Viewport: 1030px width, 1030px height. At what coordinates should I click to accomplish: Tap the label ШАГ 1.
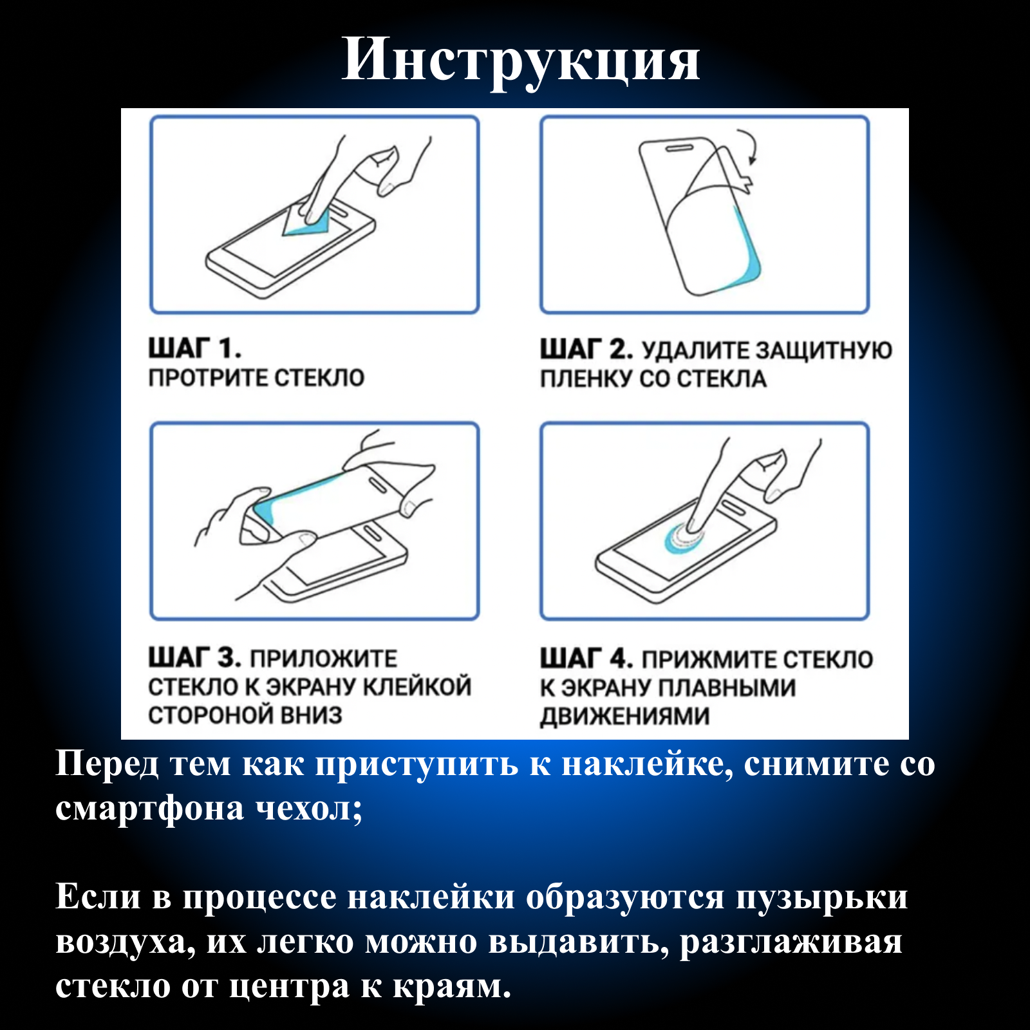pos(195,348)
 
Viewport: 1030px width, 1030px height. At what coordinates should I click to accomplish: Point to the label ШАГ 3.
pos(195,658)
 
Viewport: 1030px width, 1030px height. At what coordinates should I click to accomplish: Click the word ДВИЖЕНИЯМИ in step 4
pos(625,716)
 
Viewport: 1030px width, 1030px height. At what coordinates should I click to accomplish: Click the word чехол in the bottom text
pos(310,809)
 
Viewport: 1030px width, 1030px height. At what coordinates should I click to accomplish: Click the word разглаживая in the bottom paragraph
pos(791,942)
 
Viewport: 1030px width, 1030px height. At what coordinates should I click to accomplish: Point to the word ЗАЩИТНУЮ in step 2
pos(824,350)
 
